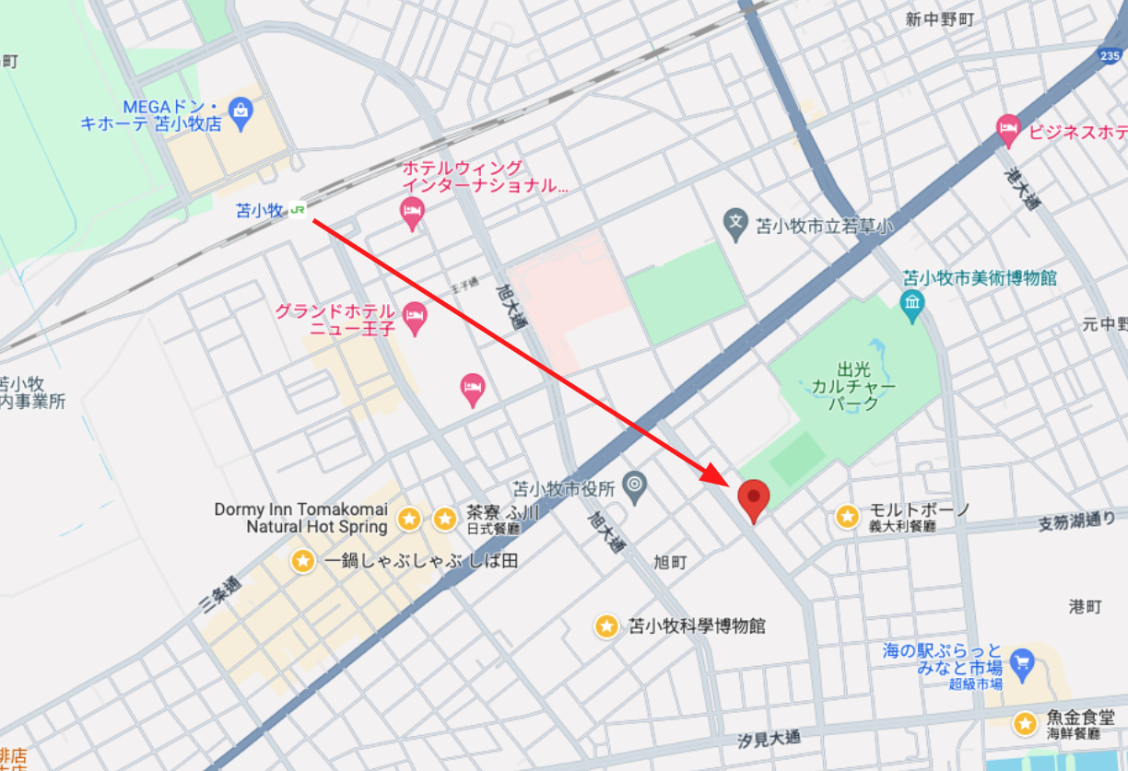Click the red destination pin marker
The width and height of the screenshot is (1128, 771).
coord(754,498)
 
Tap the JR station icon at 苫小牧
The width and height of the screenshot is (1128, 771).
coord(298,210)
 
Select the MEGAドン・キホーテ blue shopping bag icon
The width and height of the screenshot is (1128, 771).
coord(241,111)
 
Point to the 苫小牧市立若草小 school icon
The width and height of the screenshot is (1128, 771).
coord(734,222)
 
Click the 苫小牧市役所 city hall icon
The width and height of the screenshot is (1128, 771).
coord(634,484)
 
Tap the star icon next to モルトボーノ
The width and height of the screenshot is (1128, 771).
coord(847,517)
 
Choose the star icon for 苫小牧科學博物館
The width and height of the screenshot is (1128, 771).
coord(605,626)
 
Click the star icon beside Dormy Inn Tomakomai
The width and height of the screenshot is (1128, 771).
coord(409,519)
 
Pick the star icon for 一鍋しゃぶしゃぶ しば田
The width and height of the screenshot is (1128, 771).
coord(303,560)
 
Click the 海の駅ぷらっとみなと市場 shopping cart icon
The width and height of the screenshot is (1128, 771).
coord(1021,660)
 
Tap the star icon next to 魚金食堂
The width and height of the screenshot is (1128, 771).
coord(1025,724)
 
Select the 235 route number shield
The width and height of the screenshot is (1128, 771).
coord(1111,56)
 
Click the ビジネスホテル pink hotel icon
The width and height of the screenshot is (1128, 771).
coord(1008,129)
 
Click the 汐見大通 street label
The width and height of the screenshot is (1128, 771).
coord(770,739)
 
